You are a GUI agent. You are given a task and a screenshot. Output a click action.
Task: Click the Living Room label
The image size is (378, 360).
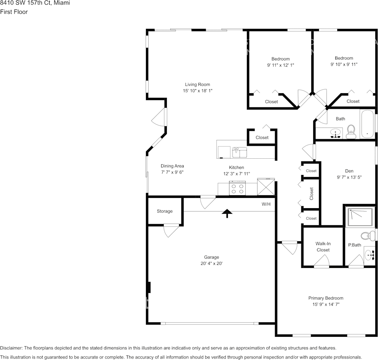coord(197,84)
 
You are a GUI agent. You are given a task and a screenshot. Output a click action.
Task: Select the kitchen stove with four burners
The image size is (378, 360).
coord(237,189)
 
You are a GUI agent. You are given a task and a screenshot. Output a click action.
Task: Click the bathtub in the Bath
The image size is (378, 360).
coord(367,124)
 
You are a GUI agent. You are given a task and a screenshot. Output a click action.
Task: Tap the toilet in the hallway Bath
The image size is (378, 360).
coord(351,132)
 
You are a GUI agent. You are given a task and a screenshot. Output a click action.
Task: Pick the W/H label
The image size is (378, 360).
coord(266,204)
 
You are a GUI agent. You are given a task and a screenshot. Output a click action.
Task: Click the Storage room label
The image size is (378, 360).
coord(165,211)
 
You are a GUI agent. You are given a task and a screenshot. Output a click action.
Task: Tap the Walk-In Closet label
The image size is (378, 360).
coord(323,247)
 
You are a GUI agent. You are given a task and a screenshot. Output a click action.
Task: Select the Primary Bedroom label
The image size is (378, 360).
coord(326,298)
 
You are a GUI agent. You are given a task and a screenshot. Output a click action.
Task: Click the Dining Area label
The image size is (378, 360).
coord(172,166)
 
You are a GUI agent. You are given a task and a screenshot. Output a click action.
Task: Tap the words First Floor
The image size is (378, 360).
coord(14,12)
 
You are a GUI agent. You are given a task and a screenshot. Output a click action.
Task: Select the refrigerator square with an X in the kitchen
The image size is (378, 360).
coord(266,187)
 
